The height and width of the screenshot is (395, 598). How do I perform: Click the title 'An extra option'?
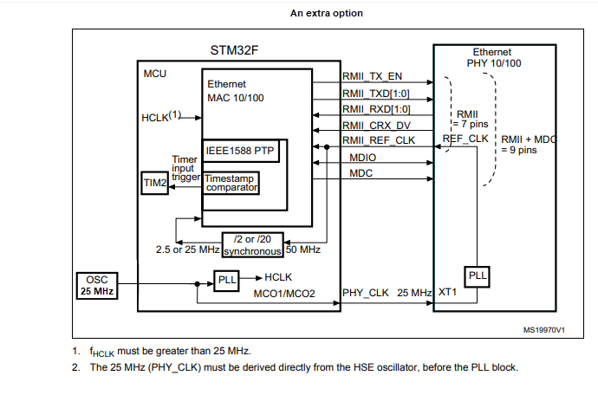coord(326,13)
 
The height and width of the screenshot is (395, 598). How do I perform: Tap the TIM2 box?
coord(155,183)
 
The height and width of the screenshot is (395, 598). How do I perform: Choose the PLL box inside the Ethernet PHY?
coord(478,276)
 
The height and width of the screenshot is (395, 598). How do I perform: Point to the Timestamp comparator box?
coord(231,183)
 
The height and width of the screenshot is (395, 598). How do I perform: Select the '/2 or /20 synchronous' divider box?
coord(252,245)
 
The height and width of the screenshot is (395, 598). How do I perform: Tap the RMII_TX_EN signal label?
coord(373,76)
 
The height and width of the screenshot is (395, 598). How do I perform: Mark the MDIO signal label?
coord(364,158)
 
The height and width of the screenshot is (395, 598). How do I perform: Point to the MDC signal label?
coord(361,173)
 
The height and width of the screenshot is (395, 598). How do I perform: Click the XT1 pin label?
coord(448,294)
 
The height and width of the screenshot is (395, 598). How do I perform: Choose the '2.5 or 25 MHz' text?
coord(187,250)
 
